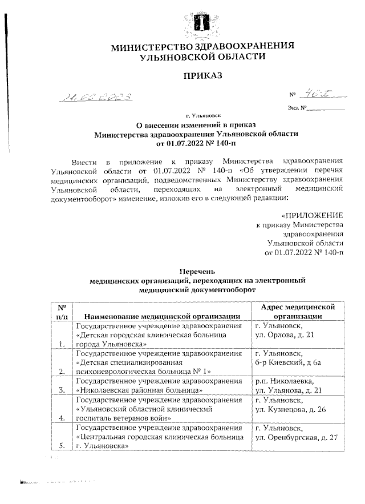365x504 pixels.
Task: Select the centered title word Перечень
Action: click(196, 272)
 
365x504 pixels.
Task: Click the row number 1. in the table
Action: click(62, 344)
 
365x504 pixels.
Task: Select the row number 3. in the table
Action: click(62, 390)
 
